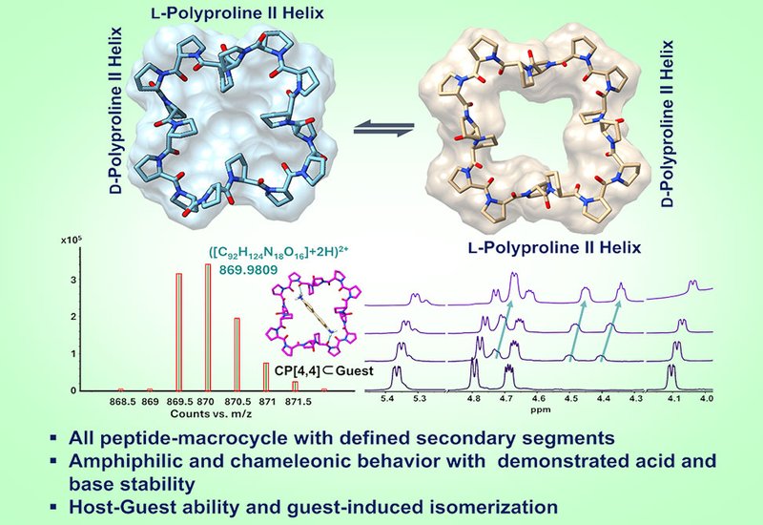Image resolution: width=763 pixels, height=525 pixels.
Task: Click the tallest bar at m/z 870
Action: click(x=208, y=327)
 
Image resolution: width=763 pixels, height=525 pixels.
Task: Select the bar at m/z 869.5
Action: click(x=178, y=332)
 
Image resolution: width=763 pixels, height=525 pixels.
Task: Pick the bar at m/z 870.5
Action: click(x=237, y=354)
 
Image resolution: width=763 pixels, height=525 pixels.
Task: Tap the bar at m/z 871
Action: click(x=266, y=377)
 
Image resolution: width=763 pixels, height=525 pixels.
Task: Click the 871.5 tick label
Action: click(x=295, y=402)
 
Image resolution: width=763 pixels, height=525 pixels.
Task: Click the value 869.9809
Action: click(x=249, y=270)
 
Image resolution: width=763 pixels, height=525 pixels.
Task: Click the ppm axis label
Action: click(x=541, y=410)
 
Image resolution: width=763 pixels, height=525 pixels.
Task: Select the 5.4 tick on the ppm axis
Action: click(x=387, y=399)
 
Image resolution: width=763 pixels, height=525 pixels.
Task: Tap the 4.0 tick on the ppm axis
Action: click(x=706, y=399)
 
